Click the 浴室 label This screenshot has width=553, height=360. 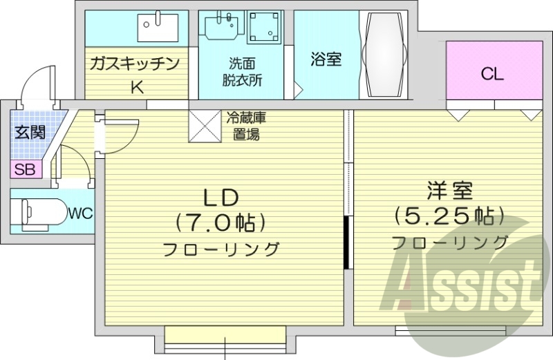pos(326,59)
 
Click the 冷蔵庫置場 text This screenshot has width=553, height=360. pos(246,126)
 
